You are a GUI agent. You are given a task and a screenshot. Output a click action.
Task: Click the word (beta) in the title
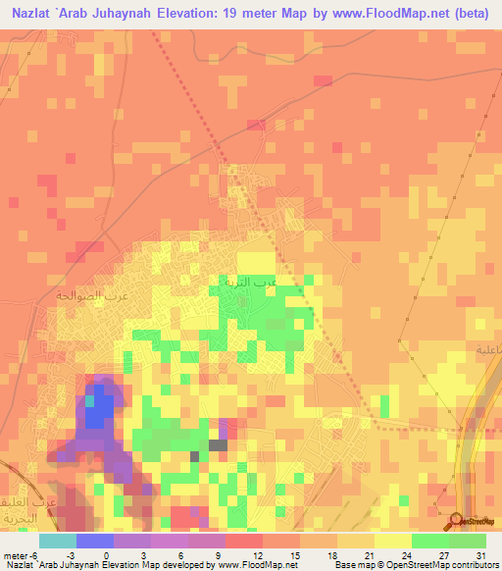point(466,14)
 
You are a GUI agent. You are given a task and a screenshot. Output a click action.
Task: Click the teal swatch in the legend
point(57,541)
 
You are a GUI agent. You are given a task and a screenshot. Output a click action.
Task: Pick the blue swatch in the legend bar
point(94,541)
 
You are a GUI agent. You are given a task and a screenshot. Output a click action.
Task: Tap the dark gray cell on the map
point(218,444)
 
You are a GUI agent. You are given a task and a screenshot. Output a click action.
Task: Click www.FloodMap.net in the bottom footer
point(257,564)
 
